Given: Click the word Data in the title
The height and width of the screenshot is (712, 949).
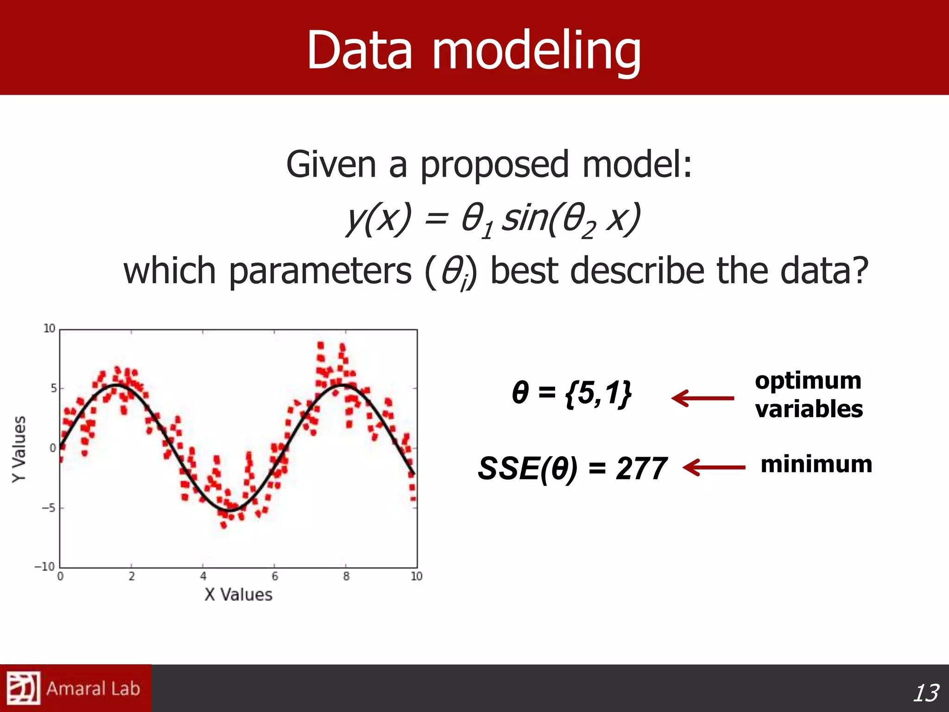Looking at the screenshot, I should [360, 50].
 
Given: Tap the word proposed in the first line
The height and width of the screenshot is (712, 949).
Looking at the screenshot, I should [494, 165].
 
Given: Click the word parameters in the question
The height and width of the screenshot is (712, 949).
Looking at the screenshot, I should [320, 271].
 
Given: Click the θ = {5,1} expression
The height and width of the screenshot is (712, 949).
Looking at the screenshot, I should [572, 393].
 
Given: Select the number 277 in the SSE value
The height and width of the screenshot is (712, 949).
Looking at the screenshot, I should [641, 469].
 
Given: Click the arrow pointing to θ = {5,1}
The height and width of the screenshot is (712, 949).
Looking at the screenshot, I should [702, 398].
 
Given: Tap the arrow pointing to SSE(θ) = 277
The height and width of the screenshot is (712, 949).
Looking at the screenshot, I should [714, 467].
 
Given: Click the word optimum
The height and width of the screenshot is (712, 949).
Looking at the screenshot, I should [808, 381].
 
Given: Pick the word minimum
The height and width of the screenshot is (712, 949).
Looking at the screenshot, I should [816, 464].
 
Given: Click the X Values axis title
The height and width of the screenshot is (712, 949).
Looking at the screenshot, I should [238, 595].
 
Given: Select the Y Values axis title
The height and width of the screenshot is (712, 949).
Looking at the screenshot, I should [19, 449].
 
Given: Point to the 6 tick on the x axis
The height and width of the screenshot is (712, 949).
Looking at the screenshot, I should [275, 576].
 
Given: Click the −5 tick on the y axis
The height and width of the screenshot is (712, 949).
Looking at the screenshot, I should [48, 508].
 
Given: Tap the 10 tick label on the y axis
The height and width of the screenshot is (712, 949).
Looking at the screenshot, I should [49, 329].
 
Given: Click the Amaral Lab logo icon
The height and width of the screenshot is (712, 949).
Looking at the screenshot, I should [23, 688].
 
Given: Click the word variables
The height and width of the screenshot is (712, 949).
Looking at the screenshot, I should [809, 409].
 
